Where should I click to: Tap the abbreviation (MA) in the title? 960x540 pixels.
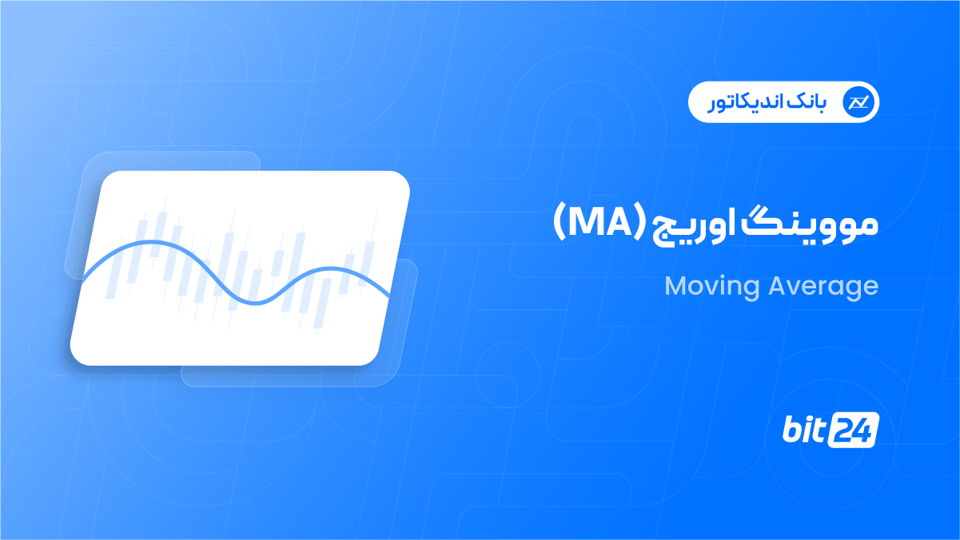[x=600, y=223]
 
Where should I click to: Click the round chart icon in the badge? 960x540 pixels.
[x=858, y=102]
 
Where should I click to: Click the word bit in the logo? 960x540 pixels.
[x=803, y=429]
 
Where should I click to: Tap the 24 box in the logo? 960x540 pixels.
[x=853, y=430]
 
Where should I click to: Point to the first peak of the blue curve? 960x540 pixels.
[x=150, y=242]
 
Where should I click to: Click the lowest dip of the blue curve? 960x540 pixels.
[x=256, y=304]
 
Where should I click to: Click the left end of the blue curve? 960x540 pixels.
[x=82, y=281]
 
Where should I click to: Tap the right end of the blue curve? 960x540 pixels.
[x=388, y=296]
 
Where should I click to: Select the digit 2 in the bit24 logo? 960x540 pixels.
[x=842, y=430]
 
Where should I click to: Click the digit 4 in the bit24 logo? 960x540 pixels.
[x=862, y=430]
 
